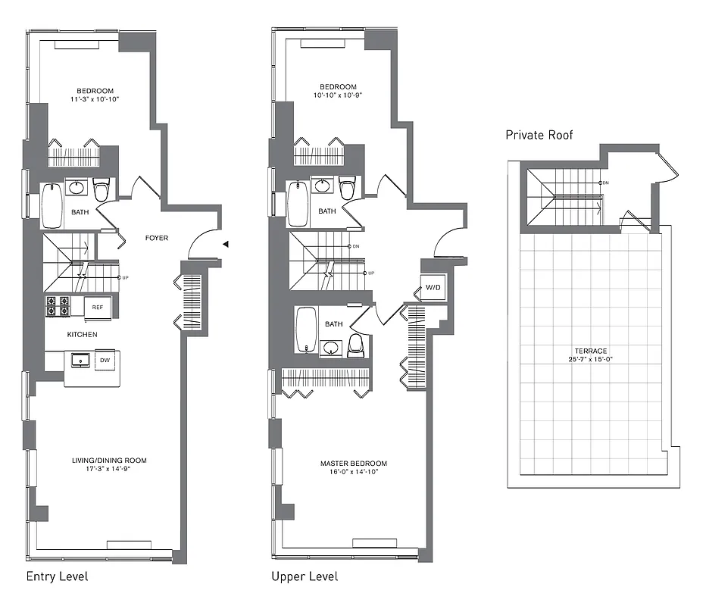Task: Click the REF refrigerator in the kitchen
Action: [x=98, y=307]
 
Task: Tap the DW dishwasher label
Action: [x=104, y=361]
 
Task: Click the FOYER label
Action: [x=157, y=239]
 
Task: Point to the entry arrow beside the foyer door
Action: [x=225, y=244]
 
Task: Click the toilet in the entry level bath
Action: [x=101, y=189]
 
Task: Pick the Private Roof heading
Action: [x=539, y=135]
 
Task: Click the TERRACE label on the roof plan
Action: [x=590, y=351]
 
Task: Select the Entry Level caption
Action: [x=57, y=576]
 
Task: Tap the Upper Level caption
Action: [x=305, y=576]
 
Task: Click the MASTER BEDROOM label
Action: [x=353, y=464]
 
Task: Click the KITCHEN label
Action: [x=82, y=334]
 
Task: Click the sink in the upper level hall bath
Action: [x=323, y=186]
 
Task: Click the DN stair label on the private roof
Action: [x=605, y=183]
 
